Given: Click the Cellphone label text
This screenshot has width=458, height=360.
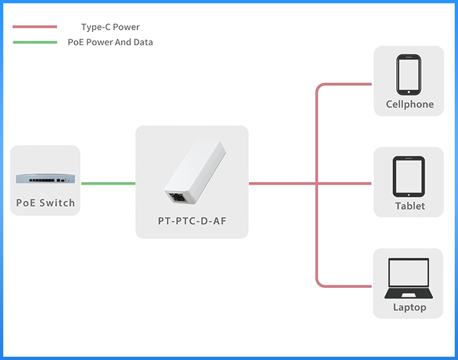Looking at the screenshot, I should [x=410, y=104].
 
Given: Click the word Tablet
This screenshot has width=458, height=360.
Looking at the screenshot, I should [x=410, y=206].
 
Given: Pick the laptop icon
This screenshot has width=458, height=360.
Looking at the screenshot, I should [x=410, y=278].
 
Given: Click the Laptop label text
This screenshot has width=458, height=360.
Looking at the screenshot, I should [x=410, y=307].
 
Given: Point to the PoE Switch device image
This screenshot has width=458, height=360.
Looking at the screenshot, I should [x=44, y=177].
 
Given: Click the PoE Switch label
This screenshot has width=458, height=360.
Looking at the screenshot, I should [x=45, y=203].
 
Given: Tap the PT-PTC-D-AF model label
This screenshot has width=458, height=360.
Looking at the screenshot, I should [x=192, y=221].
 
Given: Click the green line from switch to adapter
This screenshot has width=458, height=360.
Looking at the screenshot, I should [x=108, y=183].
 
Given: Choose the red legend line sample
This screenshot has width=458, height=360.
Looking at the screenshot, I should [x=35, y=27].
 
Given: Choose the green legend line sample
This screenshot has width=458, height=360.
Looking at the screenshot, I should [x=35, y=43].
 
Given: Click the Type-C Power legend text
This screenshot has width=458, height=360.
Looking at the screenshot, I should [x=110, y=27].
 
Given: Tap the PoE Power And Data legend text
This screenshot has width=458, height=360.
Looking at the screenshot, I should [x=110, y=43].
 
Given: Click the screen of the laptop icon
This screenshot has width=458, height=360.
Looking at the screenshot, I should [x=410, y=272].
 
